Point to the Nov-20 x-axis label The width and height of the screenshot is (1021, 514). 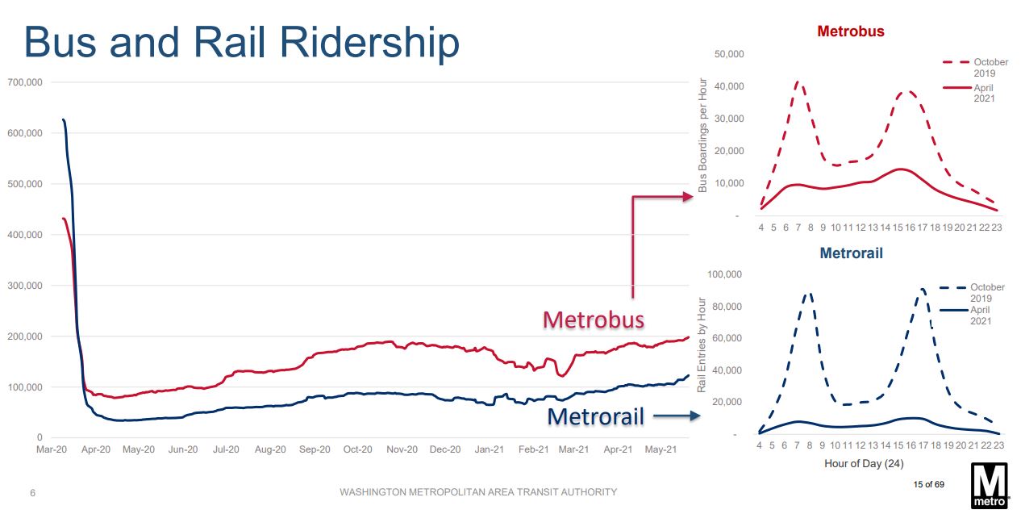point(401,449)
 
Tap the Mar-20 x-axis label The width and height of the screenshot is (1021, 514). point(51,449)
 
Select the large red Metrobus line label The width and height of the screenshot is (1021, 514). point(594,320)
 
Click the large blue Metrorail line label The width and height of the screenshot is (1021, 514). point(596,416)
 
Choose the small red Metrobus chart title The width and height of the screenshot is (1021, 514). point(850,31)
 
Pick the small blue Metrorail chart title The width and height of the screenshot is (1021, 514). point(851,253)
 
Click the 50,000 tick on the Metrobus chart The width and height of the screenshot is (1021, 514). point(729,54)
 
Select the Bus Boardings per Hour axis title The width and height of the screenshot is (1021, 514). point(702,135)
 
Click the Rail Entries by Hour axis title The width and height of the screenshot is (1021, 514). point(702,345)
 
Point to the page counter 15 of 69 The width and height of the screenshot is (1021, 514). point(928,484)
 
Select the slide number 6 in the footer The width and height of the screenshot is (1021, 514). point(33,492)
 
